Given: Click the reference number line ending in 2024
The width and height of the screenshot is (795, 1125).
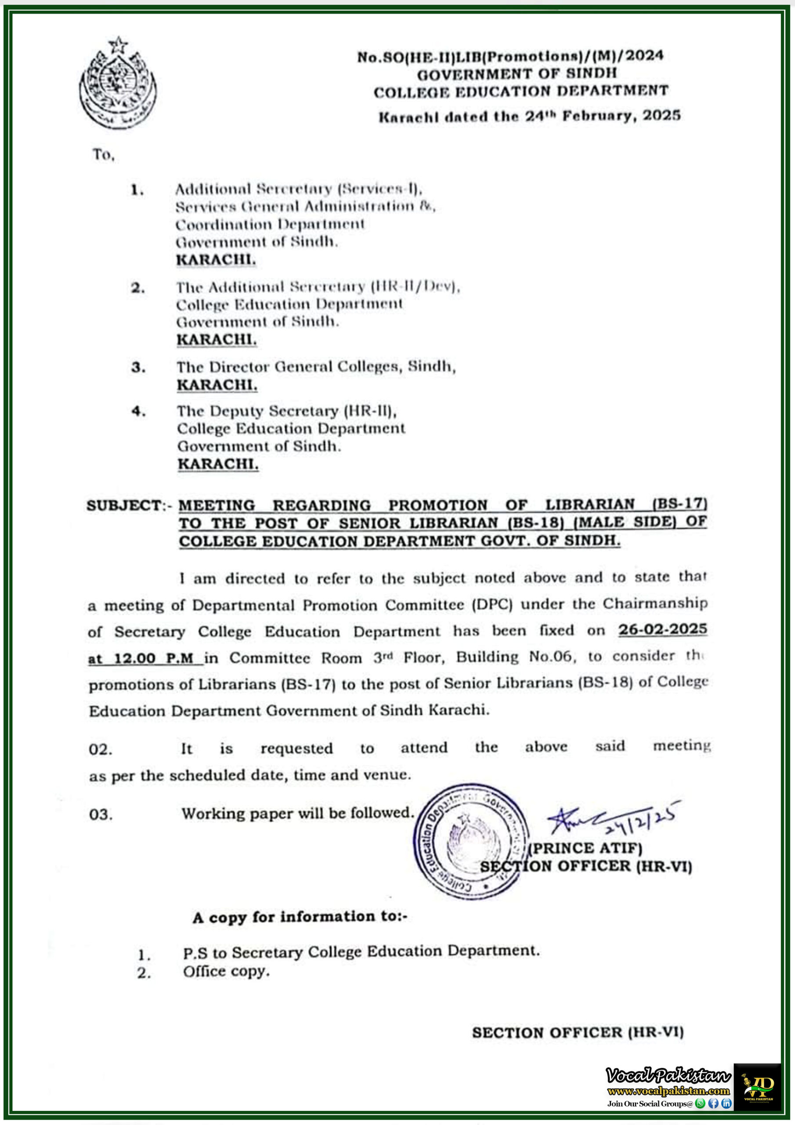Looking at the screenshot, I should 510,56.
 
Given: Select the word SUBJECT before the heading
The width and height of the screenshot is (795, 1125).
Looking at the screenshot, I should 124,505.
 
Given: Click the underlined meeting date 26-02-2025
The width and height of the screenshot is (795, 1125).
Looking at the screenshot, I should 662,629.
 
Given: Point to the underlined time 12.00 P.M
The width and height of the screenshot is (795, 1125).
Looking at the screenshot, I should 145,658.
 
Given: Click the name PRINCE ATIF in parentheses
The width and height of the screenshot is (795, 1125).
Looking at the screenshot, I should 585,848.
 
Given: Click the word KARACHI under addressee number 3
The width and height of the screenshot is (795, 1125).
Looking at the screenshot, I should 217,385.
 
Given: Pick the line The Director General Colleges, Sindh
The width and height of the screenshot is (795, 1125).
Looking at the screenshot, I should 316,367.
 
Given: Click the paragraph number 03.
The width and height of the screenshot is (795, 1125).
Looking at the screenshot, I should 101,815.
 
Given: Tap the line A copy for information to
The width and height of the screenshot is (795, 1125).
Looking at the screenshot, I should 300,917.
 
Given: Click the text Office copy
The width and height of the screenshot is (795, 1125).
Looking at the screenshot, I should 226,972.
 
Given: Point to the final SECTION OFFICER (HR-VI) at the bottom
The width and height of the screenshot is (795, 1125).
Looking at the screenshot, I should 578,1033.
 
